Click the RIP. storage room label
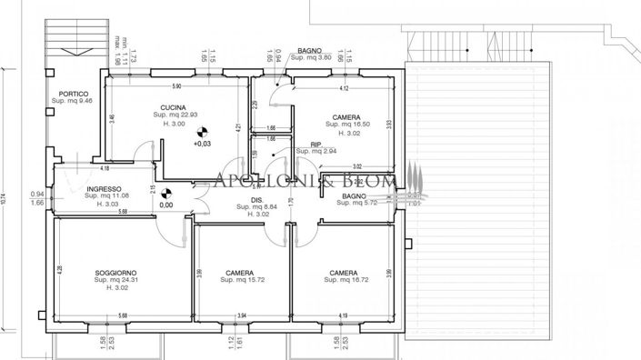click(x=315, y=145)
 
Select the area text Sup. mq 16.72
click(x=343, y=280)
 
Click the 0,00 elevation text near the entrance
click(x=166, y=205)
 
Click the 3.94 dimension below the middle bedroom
click(x=242, y=315)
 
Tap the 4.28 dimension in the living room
click(x=59, y=269)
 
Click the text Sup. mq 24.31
click(x=115, y=281)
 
